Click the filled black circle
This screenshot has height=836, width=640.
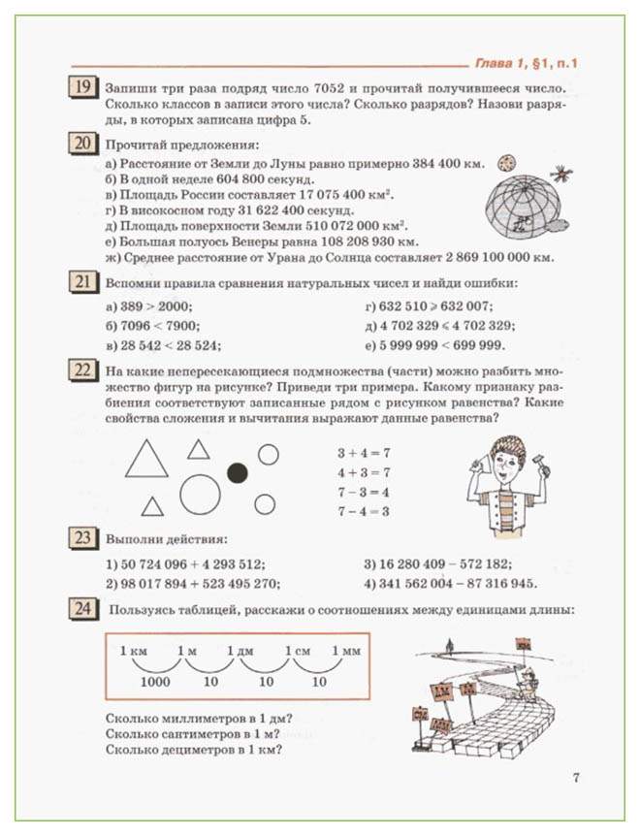coord(237,472)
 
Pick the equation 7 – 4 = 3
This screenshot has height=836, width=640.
coord(363,511)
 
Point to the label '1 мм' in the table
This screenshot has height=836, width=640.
coord(345,651)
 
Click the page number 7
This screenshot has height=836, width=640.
coord(576,777)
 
